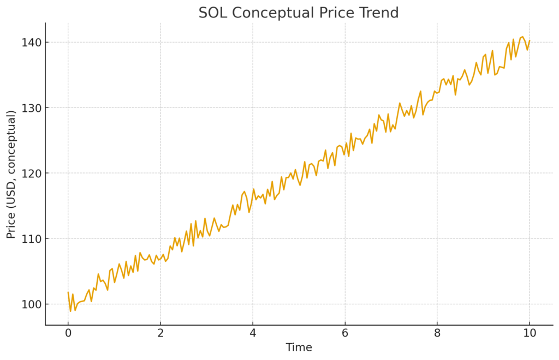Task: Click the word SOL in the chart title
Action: click(x=211, y=13)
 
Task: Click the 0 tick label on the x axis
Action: click(x=68, y=333)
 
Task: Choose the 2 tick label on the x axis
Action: click(x=160, y=333)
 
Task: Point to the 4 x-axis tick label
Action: click(x=253, y=333)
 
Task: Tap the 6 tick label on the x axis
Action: click(x=345, y=333)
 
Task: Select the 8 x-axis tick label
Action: click(x=437, y=333)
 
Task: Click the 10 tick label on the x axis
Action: click(x=530, y=333)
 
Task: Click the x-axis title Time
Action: click(x=299, y=347)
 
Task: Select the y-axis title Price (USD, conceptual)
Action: click(x=11, y=173)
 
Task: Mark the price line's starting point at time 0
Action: click(x=68, y=292)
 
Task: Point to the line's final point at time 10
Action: click(x=530, y=40)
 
